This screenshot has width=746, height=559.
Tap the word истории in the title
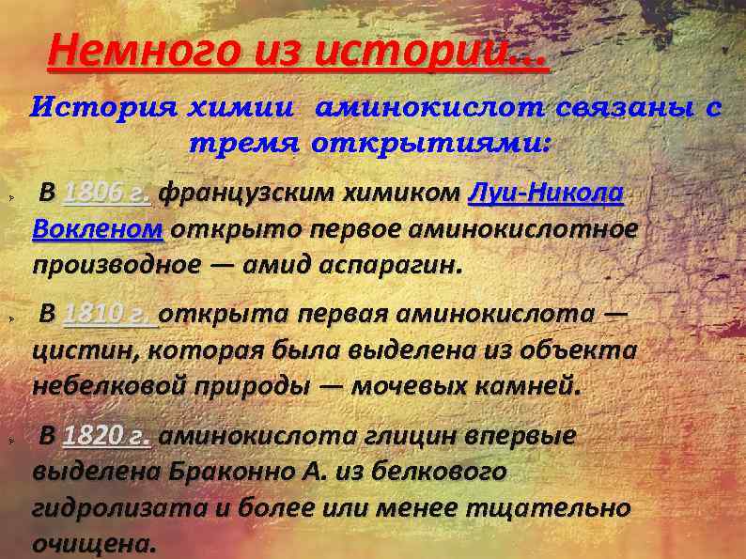click(x=431, y=54)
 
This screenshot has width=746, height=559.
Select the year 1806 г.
click(x=106, y=194)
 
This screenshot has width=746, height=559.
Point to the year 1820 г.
click(x=107, y=435)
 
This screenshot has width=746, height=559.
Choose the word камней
click(x=532, y=385)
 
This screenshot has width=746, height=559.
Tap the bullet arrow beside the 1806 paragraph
click(x=9, y=199)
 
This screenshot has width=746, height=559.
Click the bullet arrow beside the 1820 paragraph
click(x=9, y=441)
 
